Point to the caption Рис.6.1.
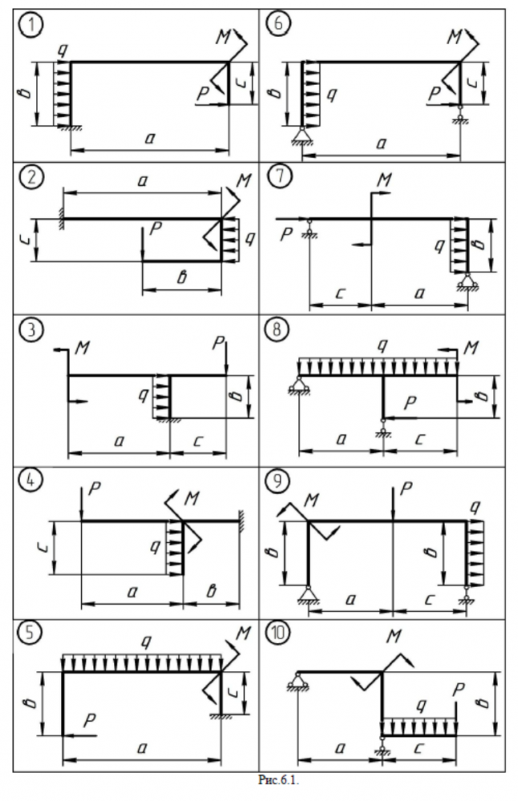tap(258, 778)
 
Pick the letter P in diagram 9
tap(407, 489)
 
